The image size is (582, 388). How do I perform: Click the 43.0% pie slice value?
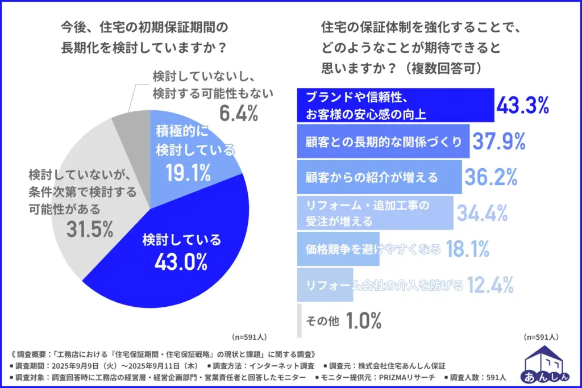pyautogui.click(x=181, y=262)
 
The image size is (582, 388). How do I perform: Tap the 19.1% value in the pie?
pyautogui.click(x=188, y=172)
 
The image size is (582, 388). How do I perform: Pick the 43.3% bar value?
pyautogui.click(x=523, y=105)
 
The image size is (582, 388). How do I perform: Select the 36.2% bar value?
pyautogui.click(x=490, y=177)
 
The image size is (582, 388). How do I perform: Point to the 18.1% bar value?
pyautogui.click(x=468, y=248)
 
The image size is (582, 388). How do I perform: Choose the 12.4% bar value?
pyautogui.click(x=490, y=283)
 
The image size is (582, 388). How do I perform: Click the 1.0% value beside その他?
pyautogui.click(x=363, y=321)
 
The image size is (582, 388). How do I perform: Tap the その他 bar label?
pyautogui.click(x=322, y=322)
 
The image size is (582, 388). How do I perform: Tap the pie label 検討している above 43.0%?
pyautogui.click(x=181, y=240)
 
